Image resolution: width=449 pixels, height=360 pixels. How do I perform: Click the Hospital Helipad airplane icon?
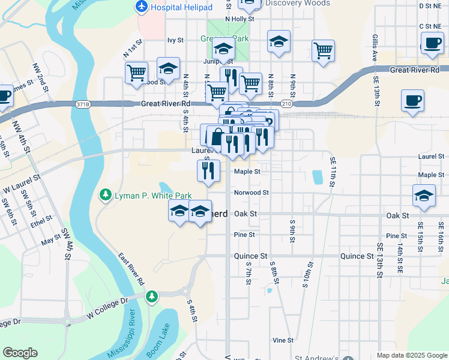point(142,7)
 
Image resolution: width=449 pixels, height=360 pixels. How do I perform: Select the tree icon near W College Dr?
point(152,296)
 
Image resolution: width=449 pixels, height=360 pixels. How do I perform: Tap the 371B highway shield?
point(83,104)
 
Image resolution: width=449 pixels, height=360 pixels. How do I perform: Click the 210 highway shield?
point(287,104)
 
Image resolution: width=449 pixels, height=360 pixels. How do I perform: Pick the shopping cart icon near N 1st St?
point(136,73)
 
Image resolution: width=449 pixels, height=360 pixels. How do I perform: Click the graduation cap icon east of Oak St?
point(424,196)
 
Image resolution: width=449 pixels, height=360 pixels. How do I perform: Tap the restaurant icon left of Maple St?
point(209,170)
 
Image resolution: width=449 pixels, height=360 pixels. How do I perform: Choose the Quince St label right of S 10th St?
point(357,256)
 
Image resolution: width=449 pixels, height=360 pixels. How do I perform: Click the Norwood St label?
point(252,193)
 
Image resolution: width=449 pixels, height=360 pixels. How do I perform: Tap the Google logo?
point(20,353)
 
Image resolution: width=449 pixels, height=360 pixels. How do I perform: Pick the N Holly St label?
point(240,19)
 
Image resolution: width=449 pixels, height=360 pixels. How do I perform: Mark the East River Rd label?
point(131,268)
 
